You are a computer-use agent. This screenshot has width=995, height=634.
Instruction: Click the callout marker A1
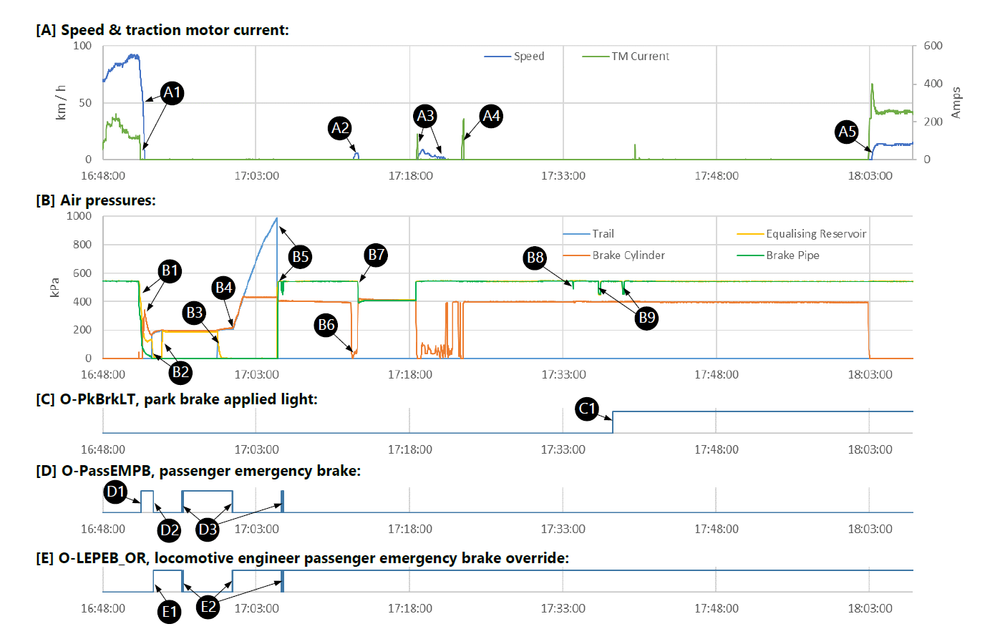(x=172, y=93)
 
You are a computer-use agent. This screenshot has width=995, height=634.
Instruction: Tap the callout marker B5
(x=300, y=257)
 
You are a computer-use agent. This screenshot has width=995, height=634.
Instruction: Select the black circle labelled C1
(x=587, y=409)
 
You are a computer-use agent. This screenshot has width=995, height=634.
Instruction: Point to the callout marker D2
(x=170, y=530)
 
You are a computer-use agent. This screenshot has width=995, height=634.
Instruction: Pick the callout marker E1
(x=170, y=612)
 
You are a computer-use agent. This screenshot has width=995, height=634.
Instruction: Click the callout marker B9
(x=646, y=318)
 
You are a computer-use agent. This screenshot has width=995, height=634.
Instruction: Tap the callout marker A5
(x=847, y=132)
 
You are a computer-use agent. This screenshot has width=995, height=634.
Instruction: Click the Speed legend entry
(x=528, y=57)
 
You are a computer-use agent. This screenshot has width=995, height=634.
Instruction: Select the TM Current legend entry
(x=640, y=57)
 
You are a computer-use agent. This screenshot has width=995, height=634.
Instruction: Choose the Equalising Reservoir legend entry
(x=815, y=234)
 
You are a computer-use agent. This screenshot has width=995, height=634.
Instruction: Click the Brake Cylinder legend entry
(x=628, y=255)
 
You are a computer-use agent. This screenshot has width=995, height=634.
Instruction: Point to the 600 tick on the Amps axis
(x=933, y=46)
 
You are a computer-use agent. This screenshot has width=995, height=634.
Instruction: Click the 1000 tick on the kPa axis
(x=79, y=216)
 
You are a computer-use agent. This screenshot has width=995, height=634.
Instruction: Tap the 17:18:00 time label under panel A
(x=410, y=176)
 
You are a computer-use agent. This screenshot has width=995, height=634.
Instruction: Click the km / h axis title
(x=61, y=102)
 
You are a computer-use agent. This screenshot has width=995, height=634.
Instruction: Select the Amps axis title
(x=956, y=102)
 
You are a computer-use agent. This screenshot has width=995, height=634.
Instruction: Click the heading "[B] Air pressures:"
(x=96, y=200)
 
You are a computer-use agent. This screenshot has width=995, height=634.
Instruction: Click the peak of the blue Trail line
(x=276, y=218)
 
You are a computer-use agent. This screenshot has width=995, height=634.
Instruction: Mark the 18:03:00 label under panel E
(x=870, y=608)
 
